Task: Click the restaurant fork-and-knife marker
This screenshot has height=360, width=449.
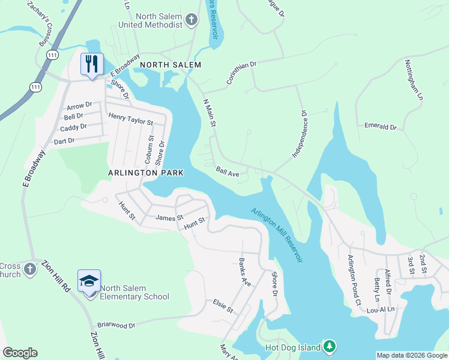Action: tap(92, 64)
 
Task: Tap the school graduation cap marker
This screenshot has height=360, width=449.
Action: tap(89, 281)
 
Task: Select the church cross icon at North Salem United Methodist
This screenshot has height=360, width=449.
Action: tap(191, 21)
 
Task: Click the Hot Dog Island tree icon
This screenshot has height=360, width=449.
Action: tap(329, 346)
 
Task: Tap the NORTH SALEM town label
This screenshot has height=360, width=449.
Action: tap(170, 64)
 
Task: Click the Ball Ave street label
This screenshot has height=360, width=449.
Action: tap(228, 172)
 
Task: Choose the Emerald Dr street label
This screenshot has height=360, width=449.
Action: tap(381, 127)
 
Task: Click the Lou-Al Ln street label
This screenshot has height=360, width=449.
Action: tap(381, 310)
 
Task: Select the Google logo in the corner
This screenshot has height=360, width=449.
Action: tap(20, 353)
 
